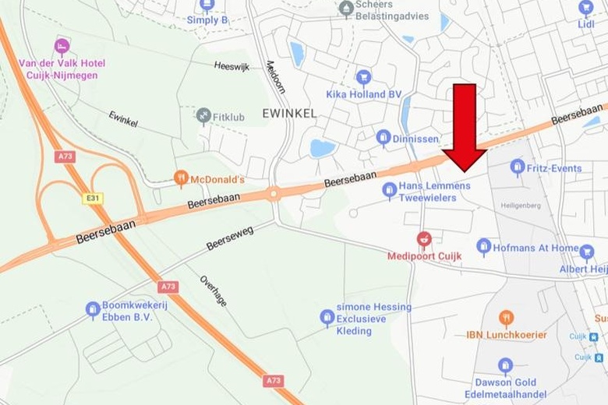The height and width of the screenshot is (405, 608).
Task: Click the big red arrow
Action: click(465, 125)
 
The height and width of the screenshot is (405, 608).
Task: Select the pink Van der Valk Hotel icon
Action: click(62, 47)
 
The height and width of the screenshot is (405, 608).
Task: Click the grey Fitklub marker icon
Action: click(203, 117)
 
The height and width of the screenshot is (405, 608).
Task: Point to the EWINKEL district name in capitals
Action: click(289, 113)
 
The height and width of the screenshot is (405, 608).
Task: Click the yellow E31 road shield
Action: click(93, 199)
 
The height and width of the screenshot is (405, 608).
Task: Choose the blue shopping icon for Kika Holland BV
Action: click(362, 77)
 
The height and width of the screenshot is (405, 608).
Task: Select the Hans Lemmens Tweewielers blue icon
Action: click(389, 189)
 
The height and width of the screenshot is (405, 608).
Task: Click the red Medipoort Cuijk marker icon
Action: click(424, 239)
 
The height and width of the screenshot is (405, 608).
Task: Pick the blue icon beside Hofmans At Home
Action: click(484, 248)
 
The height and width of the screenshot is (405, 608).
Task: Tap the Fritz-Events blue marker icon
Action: click(517, 167)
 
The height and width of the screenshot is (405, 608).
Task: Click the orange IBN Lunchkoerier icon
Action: click(506, 319)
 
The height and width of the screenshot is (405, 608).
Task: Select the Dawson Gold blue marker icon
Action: click(505, 366)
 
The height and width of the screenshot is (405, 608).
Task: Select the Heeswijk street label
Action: click(232, 67)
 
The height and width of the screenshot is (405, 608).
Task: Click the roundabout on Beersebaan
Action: click(274, 194)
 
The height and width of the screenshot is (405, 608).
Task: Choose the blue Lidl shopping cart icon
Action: click(585, 9)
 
